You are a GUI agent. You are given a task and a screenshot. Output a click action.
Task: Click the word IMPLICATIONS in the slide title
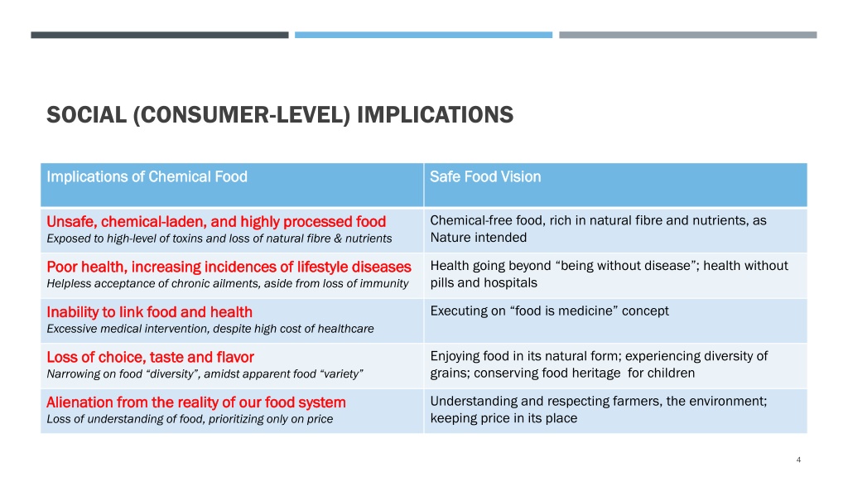click(x=436, y=115)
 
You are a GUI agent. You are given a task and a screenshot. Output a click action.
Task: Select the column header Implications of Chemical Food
click(x=147, y=177)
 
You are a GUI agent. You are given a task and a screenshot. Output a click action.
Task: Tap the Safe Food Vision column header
click(x=485, y=177)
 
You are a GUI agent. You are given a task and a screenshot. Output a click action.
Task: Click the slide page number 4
click(x=798, y=460)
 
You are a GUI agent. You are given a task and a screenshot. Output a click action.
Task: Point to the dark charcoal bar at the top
click(x=160, y=35)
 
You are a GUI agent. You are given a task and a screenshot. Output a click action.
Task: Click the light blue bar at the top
click(x=423, y=35)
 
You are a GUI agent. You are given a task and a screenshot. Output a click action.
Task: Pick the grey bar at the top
click(x=688, y=35)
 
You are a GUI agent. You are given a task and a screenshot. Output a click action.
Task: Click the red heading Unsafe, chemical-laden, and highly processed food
click(x=216, y=222)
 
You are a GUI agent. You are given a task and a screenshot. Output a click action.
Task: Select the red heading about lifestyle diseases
click(x=229, y=267)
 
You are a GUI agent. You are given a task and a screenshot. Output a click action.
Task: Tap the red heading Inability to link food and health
click(x=149, y=312)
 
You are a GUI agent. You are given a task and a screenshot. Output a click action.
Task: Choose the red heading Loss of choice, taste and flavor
click(x=151, y=358)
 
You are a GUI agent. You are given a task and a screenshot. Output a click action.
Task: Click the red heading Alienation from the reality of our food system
click(x=195, y=402)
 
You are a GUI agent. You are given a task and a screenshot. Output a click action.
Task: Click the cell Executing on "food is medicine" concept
click(x=550, y=311)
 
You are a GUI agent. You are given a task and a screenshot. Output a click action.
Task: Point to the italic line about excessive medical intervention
click(x=210, y=329)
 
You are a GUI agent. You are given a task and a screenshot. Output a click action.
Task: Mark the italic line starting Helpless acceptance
click(x=227, y=283)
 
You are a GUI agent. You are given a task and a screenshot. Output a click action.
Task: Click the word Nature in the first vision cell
click(x=451, y=238)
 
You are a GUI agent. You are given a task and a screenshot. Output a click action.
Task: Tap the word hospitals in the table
click(x=509, y=283)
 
